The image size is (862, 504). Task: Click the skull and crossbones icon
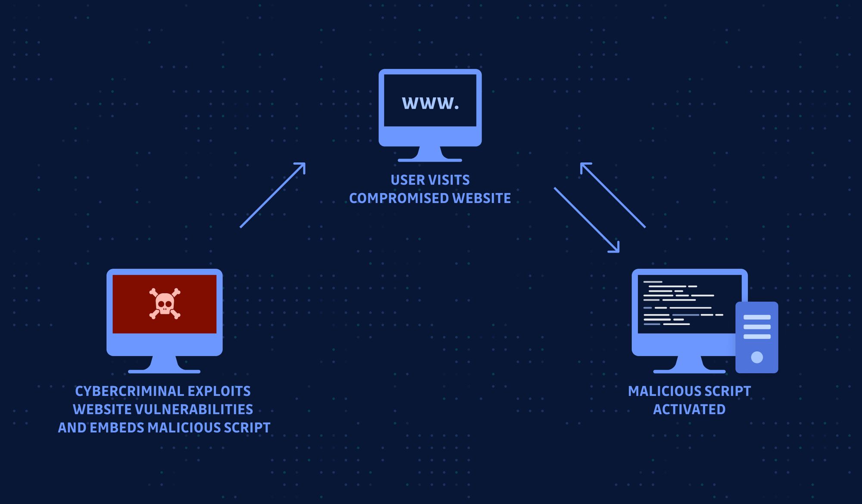click(165, 304)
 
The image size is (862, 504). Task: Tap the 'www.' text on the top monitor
click(430, 103)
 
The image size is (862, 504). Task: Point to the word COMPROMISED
click(399, 198)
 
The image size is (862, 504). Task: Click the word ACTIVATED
click(689, 409)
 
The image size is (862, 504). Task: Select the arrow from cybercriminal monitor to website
click(273, 195)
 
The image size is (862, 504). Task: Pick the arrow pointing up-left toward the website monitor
click(612, 195)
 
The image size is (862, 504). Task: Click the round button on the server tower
click(757, 357)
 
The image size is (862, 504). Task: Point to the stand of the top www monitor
click(430, 154)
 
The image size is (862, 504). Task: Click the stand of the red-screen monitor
click(164, 364)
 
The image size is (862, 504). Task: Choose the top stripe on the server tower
click(757, 317)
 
